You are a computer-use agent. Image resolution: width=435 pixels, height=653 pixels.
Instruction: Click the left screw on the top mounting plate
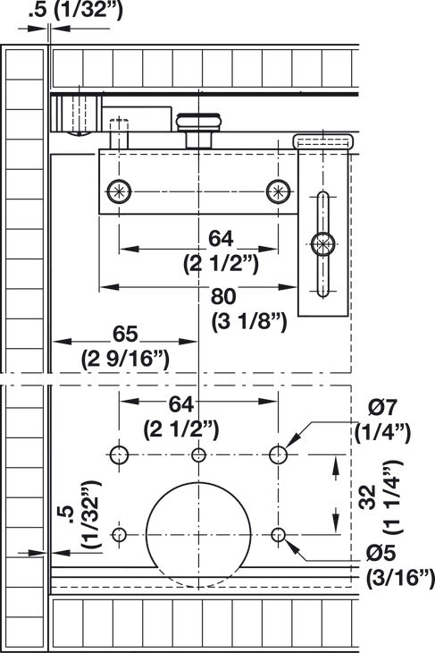click(119, 191)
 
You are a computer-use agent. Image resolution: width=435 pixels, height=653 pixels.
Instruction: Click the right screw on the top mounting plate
click(278, 191)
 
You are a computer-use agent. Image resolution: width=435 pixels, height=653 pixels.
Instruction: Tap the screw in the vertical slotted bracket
click(322, 242)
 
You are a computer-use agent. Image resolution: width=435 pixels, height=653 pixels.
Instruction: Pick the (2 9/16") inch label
click(126, 359)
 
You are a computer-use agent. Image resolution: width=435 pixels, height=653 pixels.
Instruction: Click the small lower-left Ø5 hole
click(119, 535)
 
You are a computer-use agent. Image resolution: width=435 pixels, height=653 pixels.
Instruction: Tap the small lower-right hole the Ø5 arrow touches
click(279, 535)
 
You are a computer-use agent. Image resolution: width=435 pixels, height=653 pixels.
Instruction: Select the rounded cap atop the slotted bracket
click(322, 141)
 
